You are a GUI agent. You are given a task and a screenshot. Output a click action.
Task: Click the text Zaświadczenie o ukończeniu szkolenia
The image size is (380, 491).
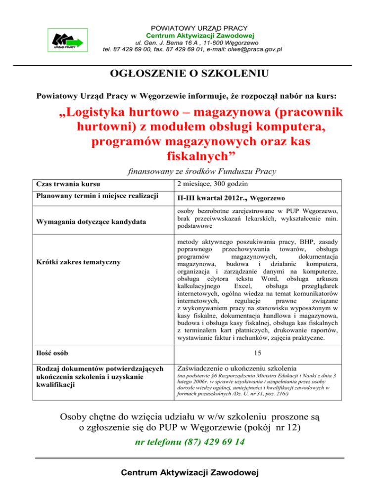[x=237, y=368]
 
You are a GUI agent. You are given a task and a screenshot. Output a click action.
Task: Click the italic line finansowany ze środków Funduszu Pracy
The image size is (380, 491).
[x=202, y=172]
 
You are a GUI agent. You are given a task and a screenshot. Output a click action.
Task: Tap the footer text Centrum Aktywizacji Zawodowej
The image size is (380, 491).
[x=190, y=474]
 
